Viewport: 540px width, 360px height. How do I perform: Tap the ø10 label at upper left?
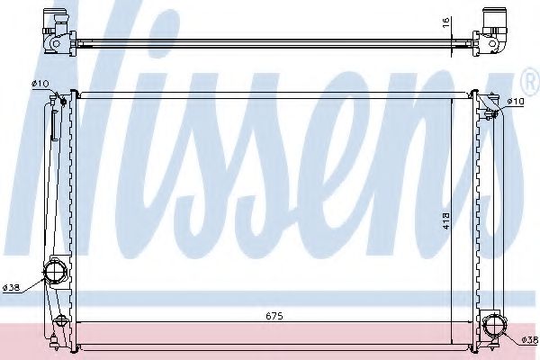[40, 84]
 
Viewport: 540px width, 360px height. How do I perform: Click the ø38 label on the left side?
[12, 287]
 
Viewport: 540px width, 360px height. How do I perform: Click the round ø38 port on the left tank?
[56, 271]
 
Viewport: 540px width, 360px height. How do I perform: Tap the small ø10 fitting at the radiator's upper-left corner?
[69, 95]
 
